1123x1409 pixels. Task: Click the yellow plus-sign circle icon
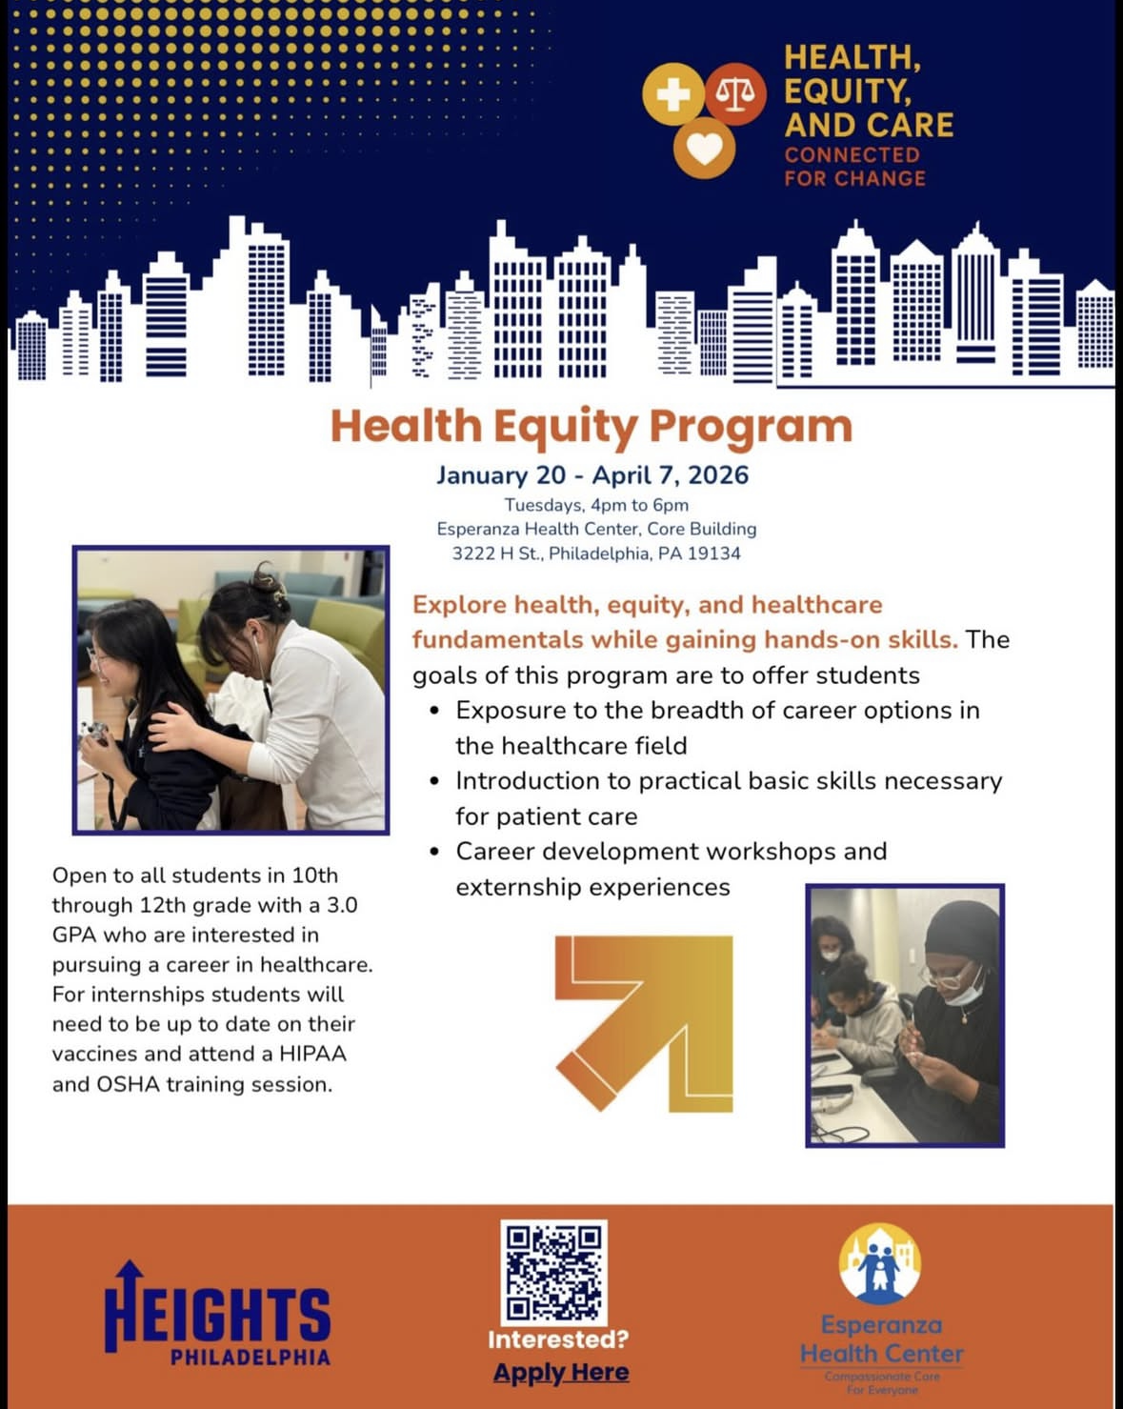coord(673,94)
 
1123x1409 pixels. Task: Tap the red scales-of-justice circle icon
coord(735,93)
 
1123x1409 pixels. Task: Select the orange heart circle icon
coord(704,148)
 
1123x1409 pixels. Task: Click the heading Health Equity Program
coord(591,426)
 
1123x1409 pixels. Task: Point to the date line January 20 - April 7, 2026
coord(592,474)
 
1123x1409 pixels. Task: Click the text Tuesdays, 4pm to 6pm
coord(596,505)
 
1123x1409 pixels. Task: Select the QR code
coord(553,1272)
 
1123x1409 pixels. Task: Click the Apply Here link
coord(561,1372)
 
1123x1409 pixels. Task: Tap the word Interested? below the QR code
coord(558,1339)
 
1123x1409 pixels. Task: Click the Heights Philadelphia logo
coord(217,1315)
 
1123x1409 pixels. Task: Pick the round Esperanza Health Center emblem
coord(880,1264)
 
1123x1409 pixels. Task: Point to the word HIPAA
coord(313,1054)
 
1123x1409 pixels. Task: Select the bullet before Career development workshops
coord(434,852)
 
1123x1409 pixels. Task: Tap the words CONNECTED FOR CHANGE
coord(854,167)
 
